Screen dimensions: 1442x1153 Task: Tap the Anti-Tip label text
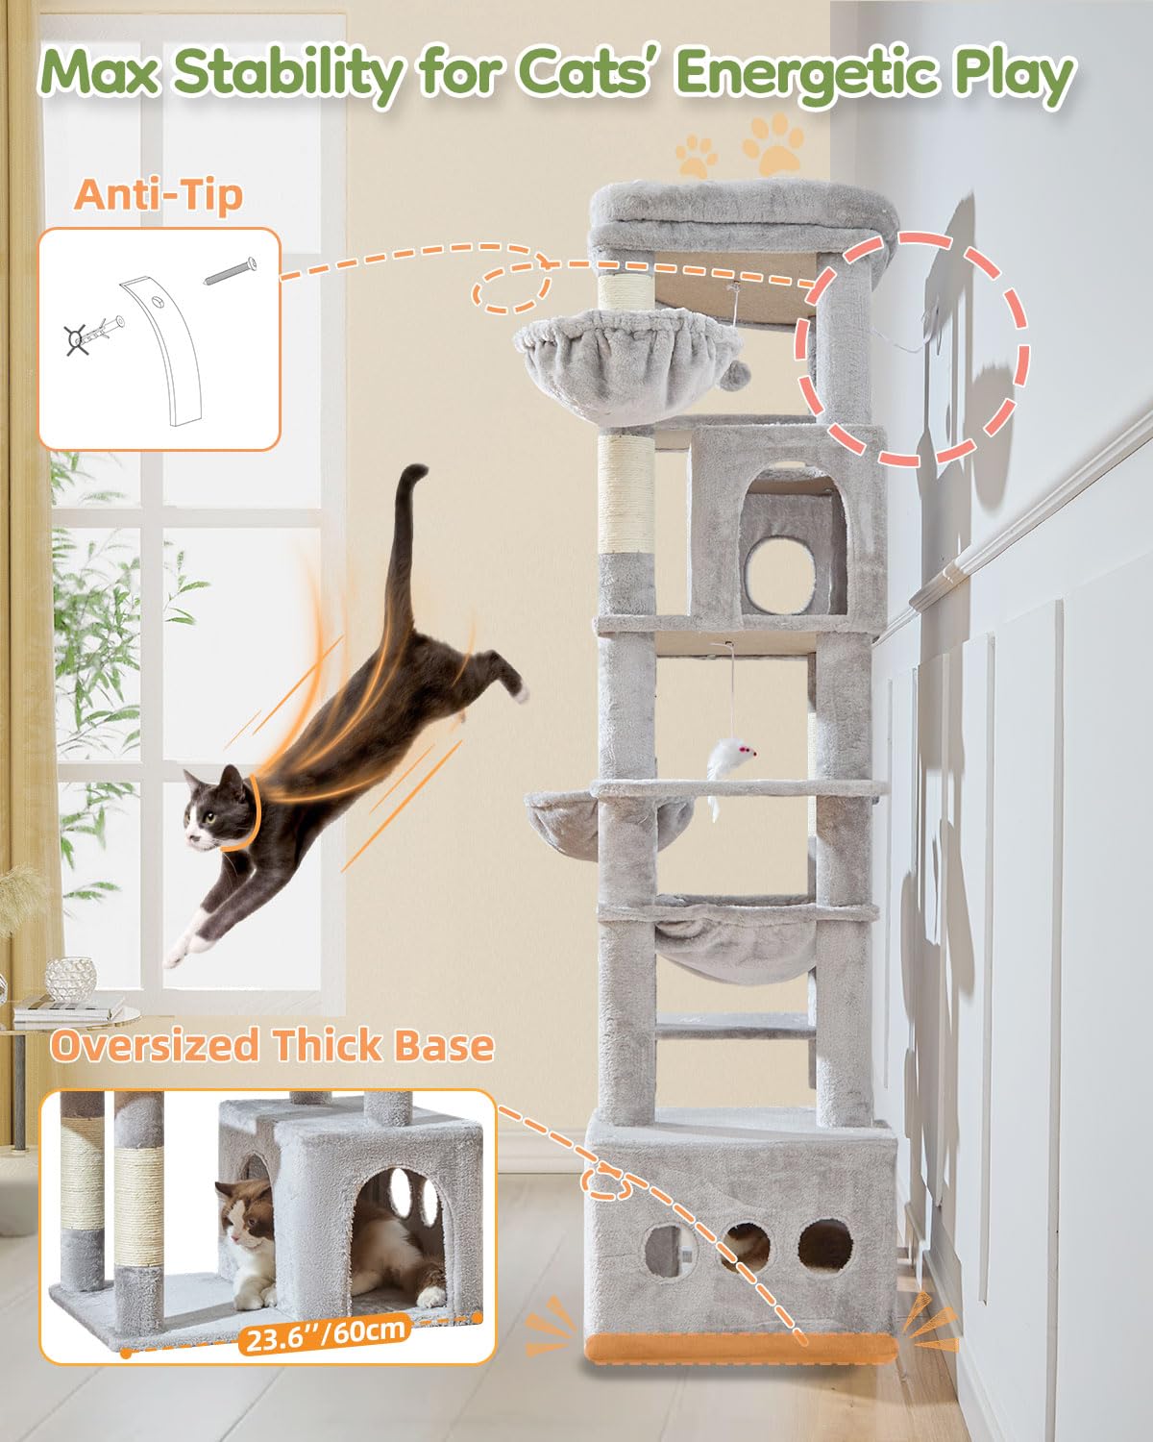click(x=159, y=194)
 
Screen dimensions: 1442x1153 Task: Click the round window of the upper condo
click(x=780, y=575)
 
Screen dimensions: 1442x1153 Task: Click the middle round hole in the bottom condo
click(x=743, y=1245)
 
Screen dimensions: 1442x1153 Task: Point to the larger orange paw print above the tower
click(x=773, y=141)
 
